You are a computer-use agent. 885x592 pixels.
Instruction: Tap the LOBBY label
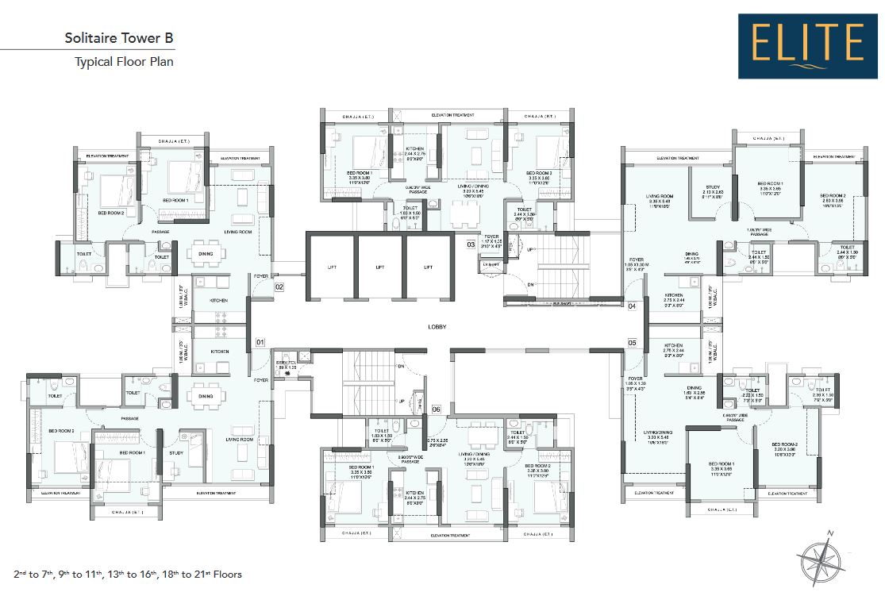437,327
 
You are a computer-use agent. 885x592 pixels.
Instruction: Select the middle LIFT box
379,267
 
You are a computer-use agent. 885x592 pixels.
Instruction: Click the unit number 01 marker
260,343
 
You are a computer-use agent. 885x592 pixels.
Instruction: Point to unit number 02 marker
279,286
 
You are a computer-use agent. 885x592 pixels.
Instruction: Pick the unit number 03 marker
471,245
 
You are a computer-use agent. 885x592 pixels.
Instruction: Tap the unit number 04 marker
633,306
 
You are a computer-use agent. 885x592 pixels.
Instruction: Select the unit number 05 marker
633,343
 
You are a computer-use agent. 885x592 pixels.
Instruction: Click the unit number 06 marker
436,409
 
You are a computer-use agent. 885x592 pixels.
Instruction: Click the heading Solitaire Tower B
118,37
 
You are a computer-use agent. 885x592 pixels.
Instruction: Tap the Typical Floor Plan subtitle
124,61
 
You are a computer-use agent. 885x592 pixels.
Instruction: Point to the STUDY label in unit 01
176,453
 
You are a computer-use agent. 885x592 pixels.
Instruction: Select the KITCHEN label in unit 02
219,301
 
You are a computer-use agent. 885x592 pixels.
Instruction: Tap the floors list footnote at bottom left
127,574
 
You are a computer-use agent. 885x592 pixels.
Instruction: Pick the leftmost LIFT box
331,267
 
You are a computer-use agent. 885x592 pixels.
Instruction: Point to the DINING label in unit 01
206,396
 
